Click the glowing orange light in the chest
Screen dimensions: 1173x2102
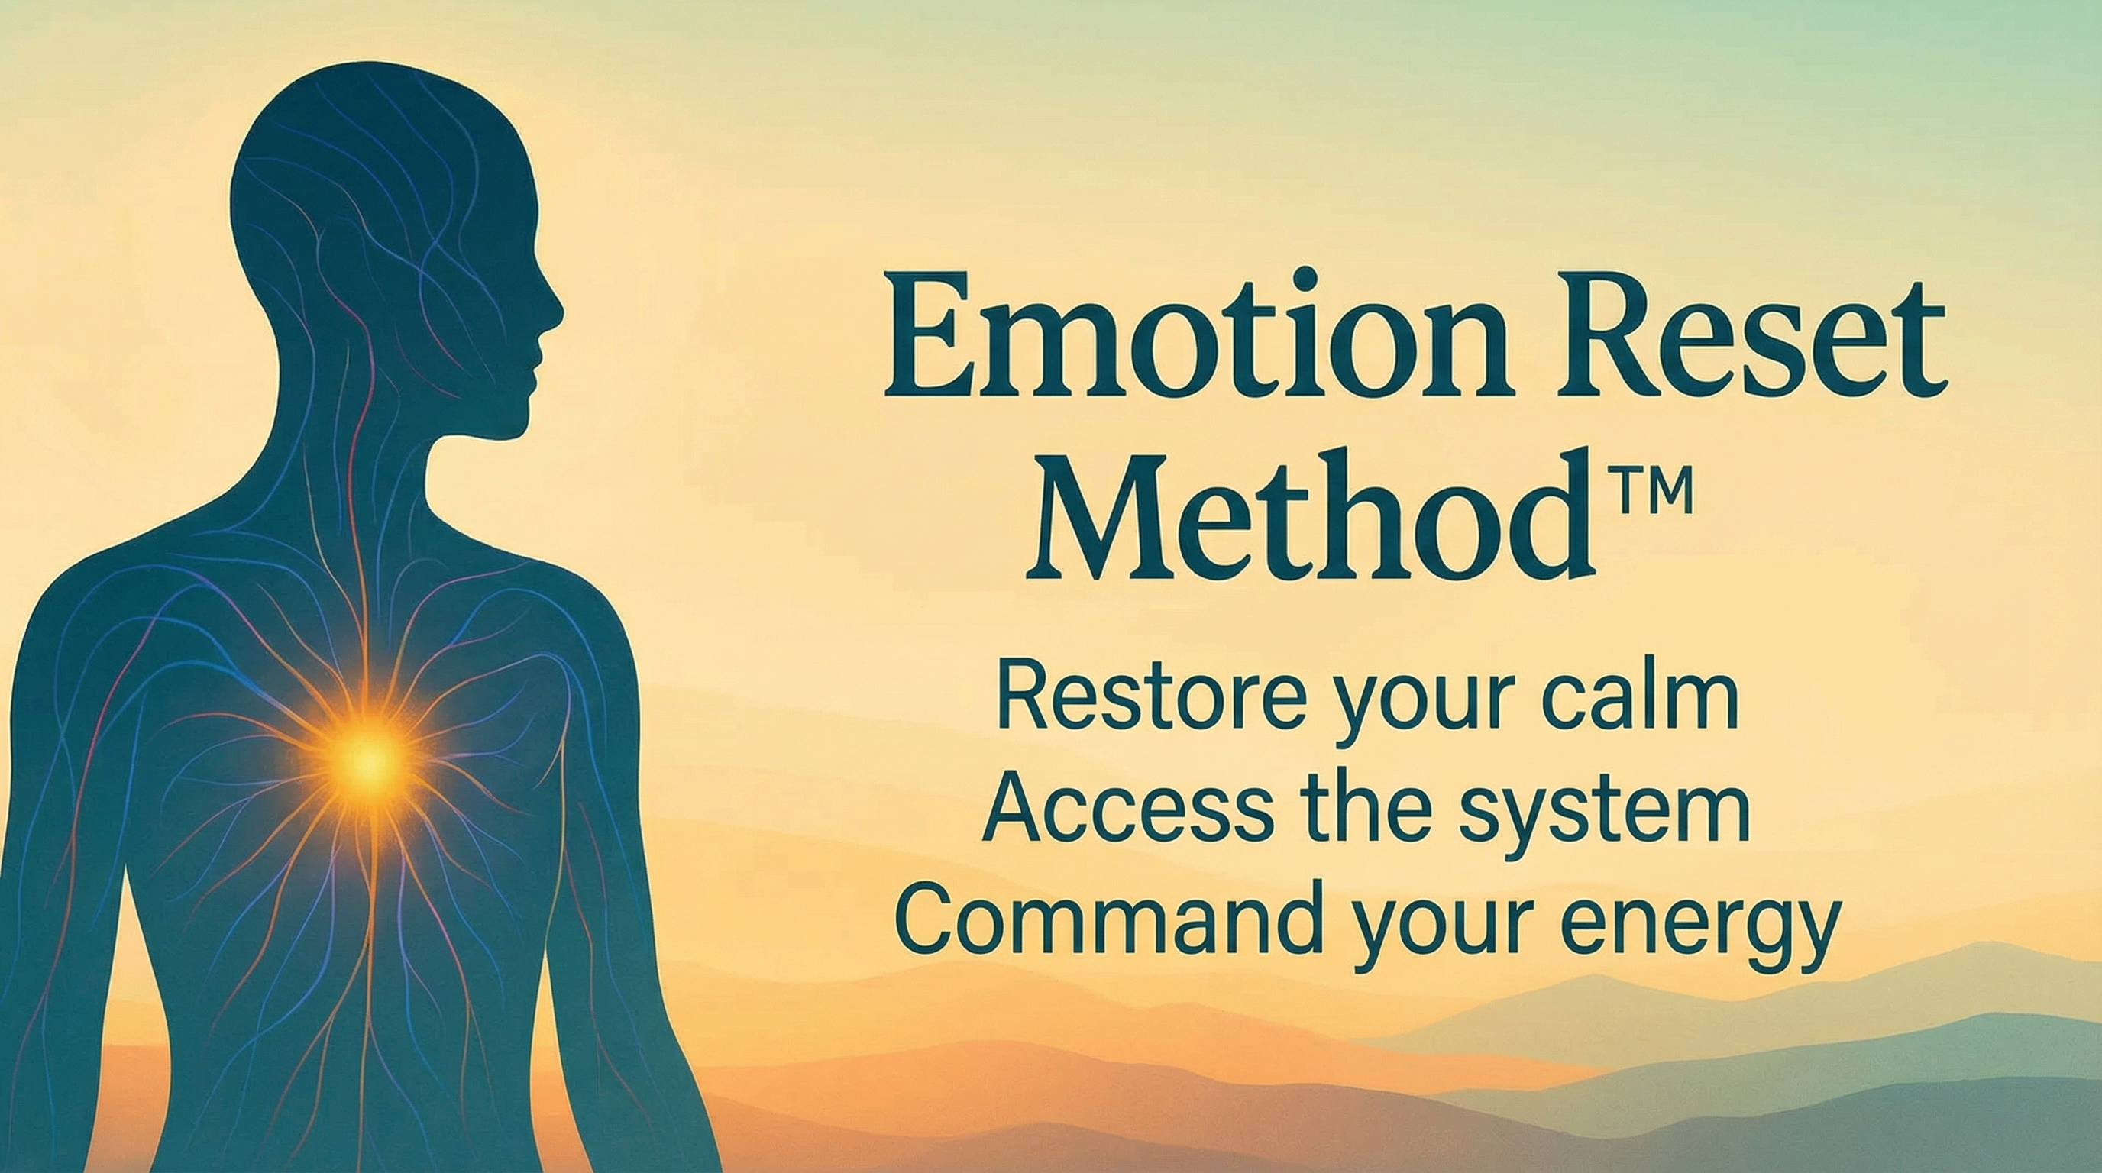click(369, 759)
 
